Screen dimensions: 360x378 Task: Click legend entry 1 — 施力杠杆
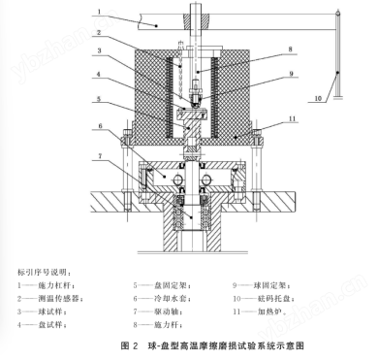[x=43, y=286]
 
